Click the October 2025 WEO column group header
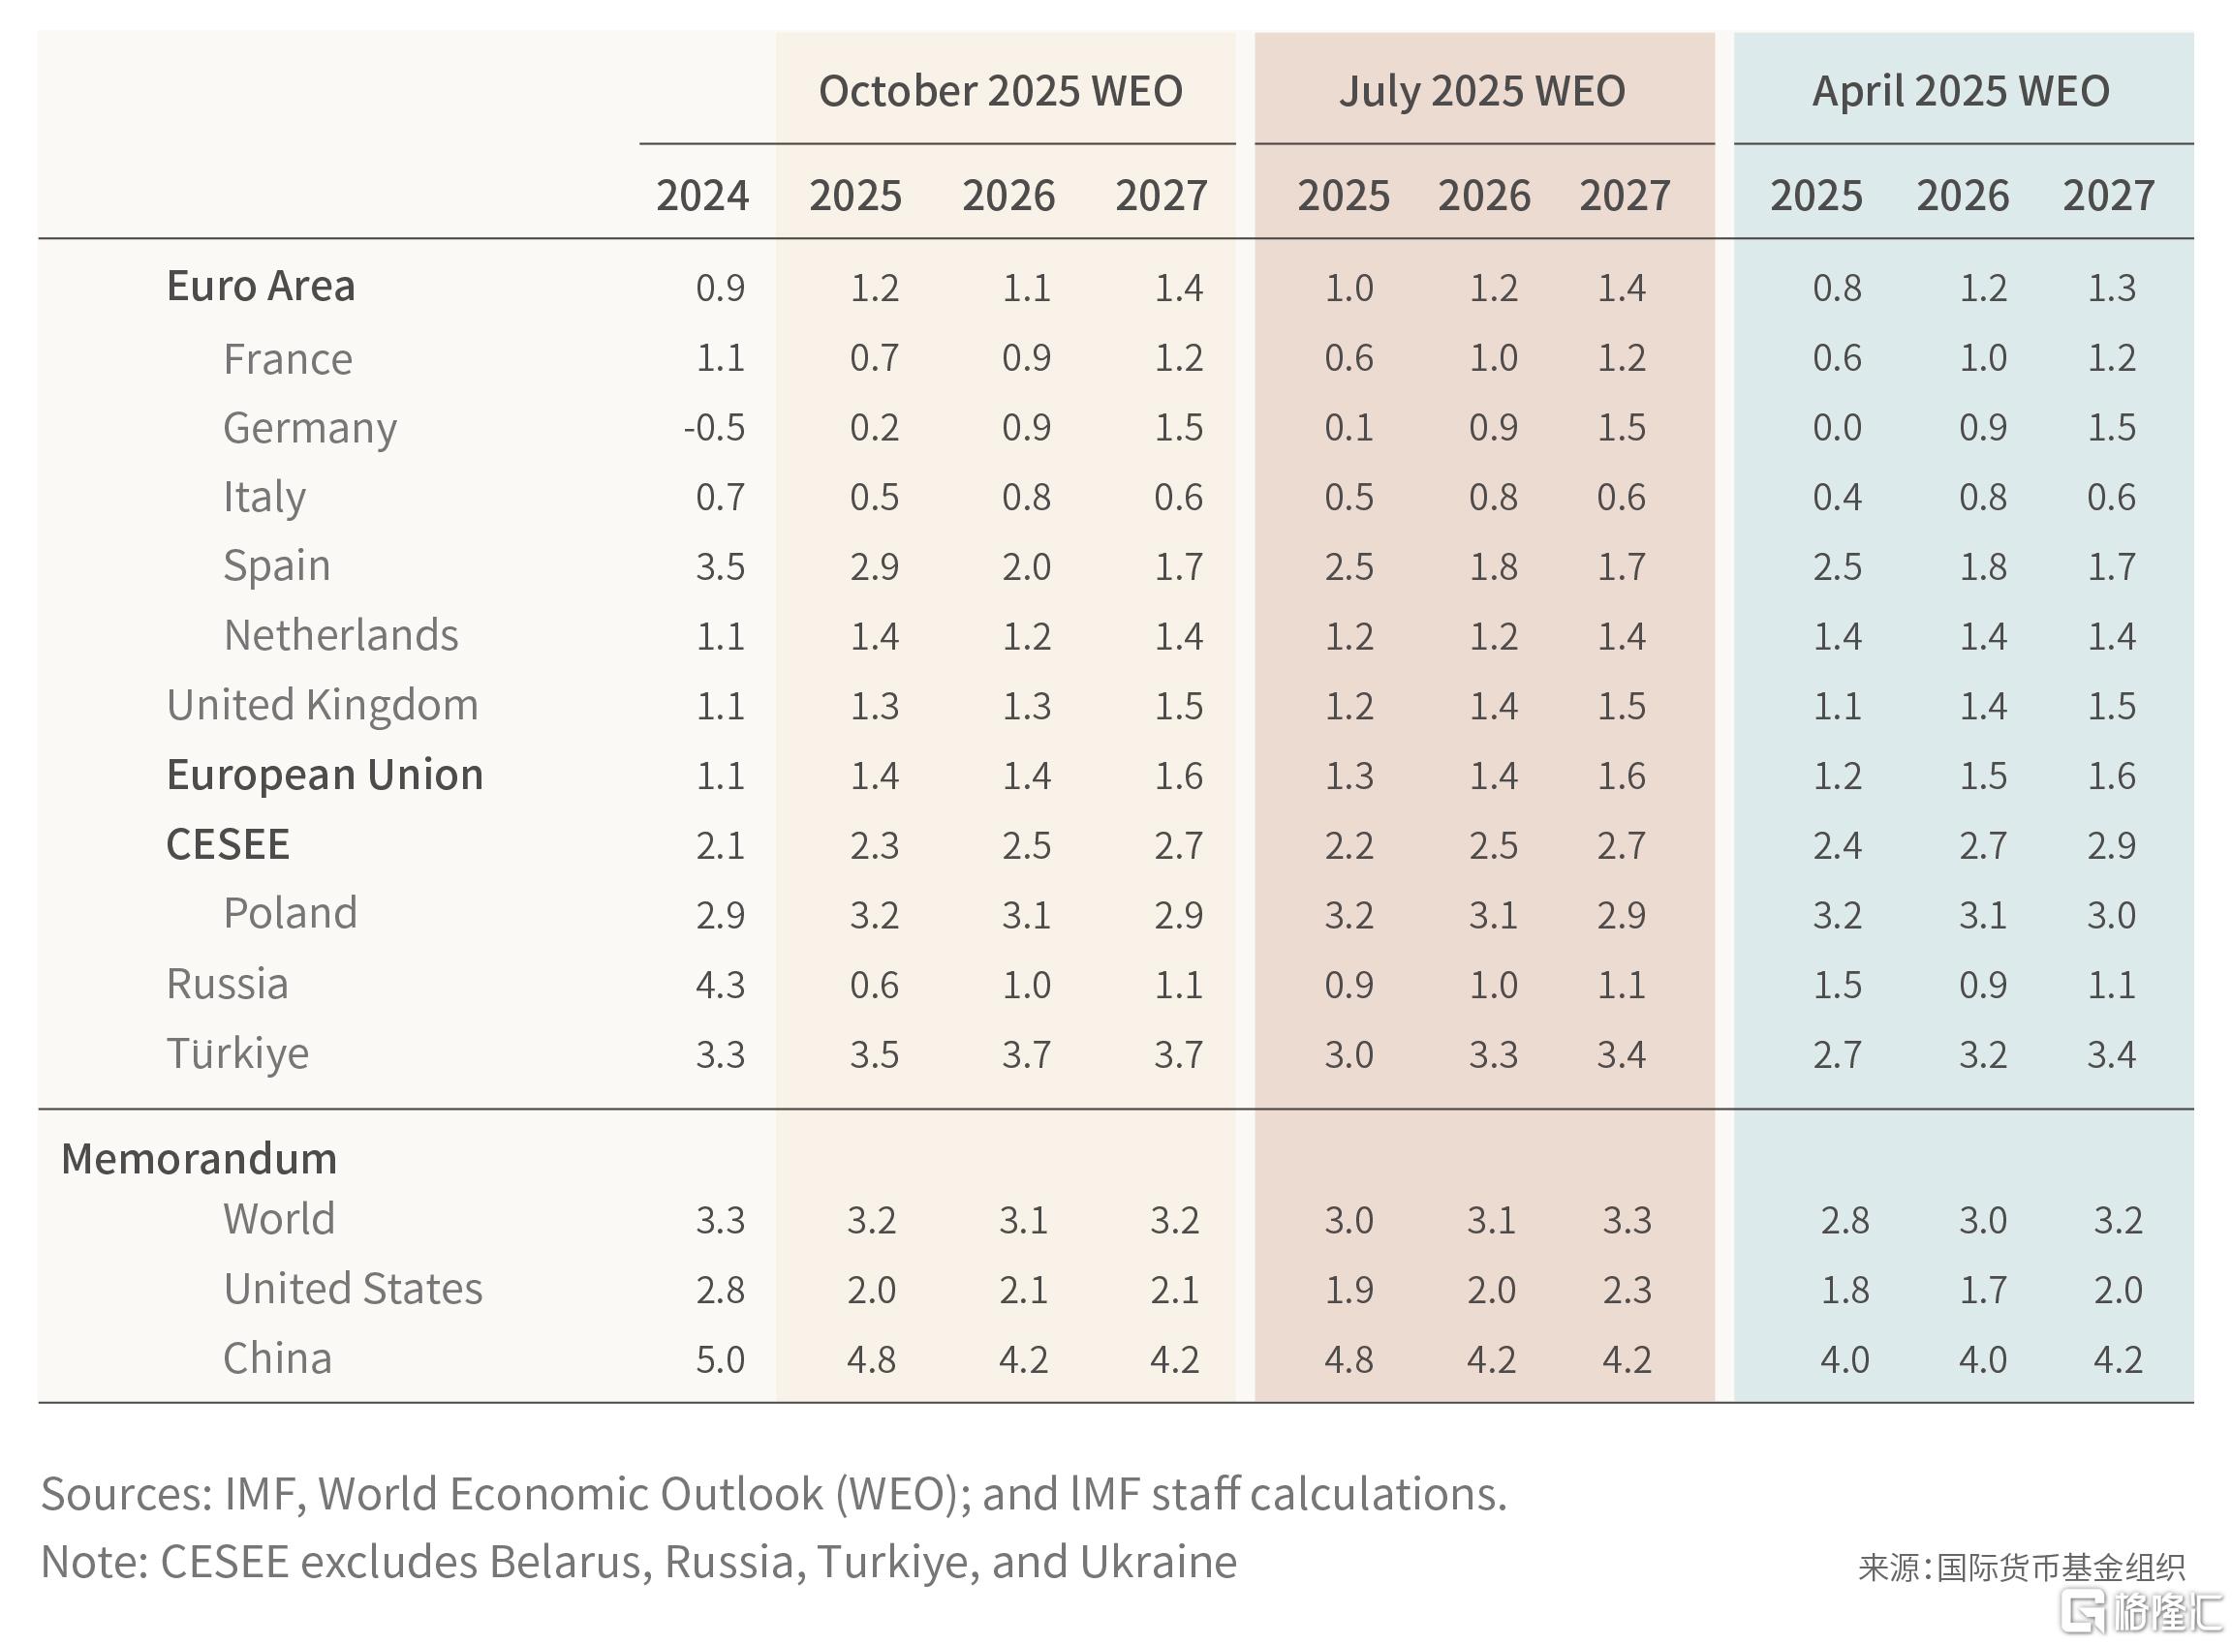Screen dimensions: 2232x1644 click(1001, 92)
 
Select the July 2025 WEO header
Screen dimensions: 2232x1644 click(1482, 92)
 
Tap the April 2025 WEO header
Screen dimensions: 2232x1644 click(1961, 92)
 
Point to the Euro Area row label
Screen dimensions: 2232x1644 click(261, 287)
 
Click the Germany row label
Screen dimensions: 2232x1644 click(310, 429)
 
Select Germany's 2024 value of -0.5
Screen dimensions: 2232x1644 click(715, 428)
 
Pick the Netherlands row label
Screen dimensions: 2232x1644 click(340, 635)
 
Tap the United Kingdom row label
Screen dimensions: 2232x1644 click(323, 706)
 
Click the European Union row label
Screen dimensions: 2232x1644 click(325, 776)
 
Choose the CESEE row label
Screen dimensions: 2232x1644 click(228, 845)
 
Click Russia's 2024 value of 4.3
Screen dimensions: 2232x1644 click(721, 986)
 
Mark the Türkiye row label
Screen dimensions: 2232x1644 click(238, 1053)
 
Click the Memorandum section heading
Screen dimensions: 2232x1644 click(200, 1159)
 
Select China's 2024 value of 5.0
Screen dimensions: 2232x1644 click(721, 1359)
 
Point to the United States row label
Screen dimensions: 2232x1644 click(354, 1289)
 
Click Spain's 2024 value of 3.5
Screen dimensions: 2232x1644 click(721, 567)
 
